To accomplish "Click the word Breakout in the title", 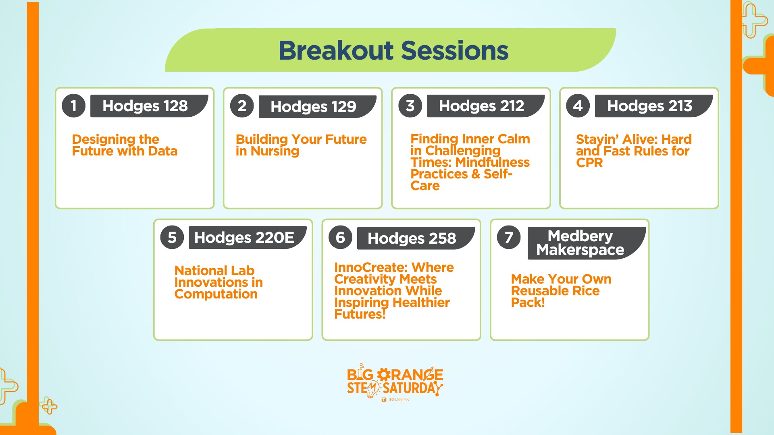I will click(336, 51).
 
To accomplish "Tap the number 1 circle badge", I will click(73, 106).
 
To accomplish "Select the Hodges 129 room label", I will click(313, 107).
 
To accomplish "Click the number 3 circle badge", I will click(410, 106).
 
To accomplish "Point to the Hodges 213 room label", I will click(649, 106).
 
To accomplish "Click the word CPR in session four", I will click(589, 163).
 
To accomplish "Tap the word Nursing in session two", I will click(275, 151).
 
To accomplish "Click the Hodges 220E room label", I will click(244, 238).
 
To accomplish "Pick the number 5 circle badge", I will click(172, 238).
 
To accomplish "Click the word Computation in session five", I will click(216, 294).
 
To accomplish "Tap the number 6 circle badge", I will click(340, 238).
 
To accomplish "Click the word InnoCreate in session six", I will click(365, 267).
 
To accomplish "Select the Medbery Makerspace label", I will click(580, 243).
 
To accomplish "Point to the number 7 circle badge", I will click(509, 238).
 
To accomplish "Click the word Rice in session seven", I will click(585, 291).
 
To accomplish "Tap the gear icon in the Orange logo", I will click(384, 375).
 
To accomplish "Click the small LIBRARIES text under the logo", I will click(397, 400).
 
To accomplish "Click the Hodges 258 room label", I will click(412, 238).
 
